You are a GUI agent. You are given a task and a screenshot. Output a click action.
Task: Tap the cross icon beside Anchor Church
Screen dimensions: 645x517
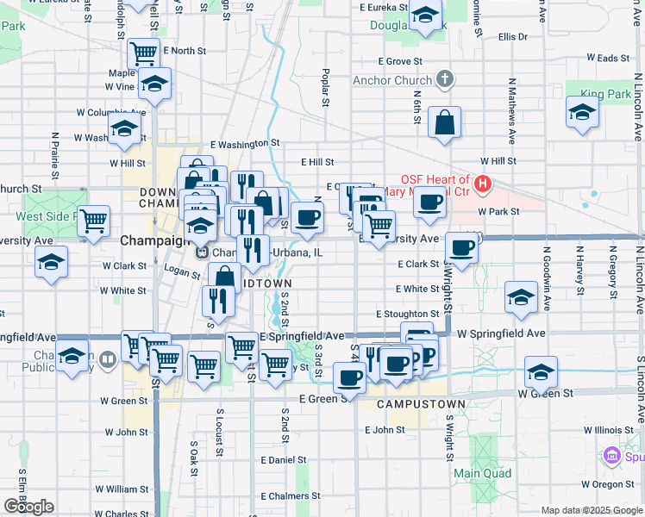point(445,81)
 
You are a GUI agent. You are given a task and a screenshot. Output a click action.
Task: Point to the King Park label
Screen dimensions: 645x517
point(605,93)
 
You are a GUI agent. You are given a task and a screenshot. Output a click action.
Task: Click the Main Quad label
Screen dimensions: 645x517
point(483,473)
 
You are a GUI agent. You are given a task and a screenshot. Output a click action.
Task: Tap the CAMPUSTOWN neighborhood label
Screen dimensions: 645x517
point(422,404)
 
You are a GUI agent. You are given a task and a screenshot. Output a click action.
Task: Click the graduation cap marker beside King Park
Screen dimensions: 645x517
point(582,112)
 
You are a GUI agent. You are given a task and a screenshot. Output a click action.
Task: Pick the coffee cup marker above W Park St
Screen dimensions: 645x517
point(429,202)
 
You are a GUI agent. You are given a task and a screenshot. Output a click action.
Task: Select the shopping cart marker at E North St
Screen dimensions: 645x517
point(143,53)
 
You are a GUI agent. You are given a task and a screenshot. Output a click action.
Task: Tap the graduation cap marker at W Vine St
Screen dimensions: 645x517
point(154,84)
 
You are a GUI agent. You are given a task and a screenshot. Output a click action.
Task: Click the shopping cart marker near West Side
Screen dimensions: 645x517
point(93,220)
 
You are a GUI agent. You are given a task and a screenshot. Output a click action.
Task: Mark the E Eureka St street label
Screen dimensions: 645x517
point(382,7)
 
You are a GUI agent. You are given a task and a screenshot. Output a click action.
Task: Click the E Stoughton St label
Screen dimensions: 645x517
point(407,315)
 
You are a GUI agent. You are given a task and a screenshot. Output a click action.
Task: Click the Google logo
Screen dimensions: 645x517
point(28,507)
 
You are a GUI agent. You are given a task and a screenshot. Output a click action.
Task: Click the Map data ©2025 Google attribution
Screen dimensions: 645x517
point(592,510)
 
